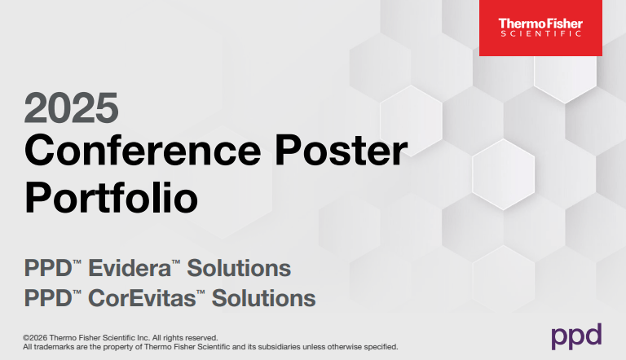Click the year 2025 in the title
[72, 107]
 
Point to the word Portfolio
[112, 197]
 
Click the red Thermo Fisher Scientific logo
[540, 28]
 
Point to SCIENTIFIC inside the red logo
[540, 34]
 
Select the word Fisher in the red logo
[562, 23]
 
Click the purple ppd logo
[576, 335]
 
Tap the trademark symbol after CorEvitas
[201, 292]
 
